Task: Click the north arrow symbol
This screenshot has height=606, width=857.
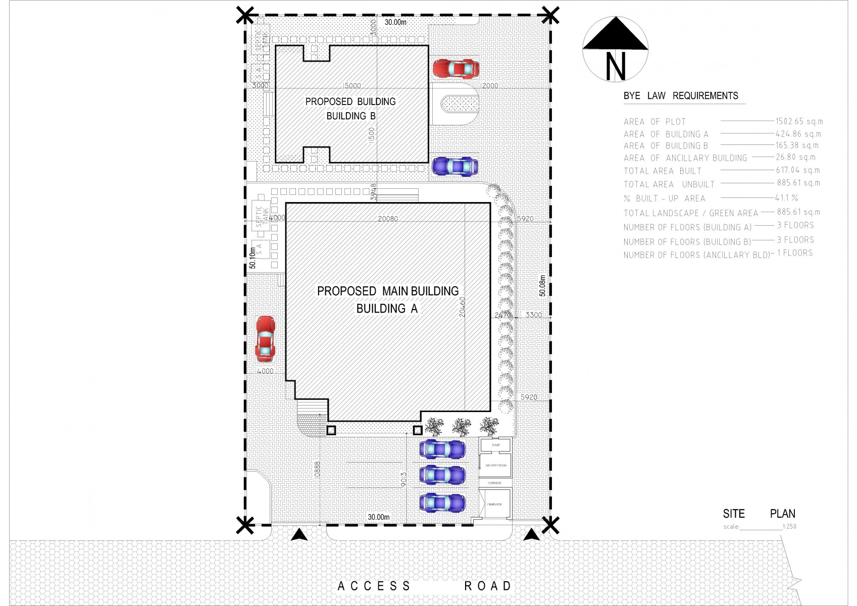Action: [615, 49]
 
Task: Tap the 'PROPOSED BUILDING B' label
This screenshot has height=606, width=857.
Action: [350, 109]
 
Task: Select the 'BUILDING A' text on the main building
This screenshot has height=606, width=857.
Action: [387, 309]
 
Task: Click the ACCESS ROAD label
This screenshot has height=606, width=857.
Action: [424, 586]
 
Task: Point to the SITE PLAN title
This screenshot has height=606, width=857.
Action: [759, 514]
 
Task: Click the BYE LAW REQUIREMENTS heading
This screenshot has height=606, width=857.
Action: [680, 96]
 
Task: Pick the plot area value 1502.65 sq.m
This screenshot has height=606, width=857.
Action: [799, 122]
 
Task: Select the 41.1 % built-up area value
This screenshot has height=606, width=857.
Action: [786, 198]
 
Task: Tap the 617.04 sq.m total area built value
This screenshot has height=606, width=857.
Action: [797, 171]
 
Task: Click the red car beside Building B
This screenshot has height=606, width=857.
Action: [456, 68]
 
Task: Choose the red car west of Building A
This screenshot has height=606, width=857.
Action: [265, 338]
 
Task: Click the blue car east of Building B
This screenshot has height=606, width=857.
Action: [455, 166]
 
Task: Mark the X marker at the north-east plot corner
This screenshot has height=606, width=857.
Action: [550, 15]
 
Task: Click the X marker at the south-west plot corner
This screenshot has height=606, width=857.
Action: [245, 525]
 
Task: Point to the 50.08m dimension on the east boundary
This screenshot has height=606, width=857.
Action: [542, 286]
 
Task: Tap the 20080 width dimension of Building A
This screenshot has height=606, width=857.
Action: [388, 219]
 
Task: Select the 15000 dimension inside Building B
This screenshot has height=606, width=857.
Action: [351, 86]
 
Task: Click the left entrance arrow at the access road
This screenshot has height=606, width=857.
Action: [299, 535]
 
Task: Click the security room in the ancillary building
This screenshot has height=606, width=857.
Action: [495, 466]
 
